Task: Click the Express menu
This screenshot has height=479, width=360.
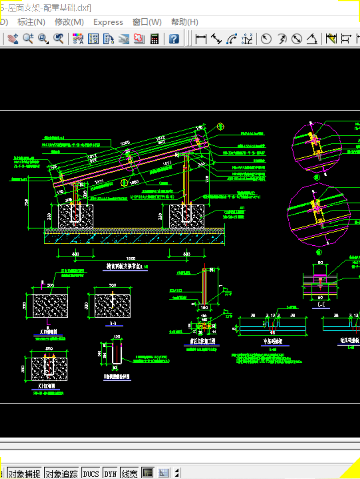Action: tap(108, 22)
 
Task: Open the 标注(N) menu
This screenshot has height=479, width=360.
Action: tap(31, 22)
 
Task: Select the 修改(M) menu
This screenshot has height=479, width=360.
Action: tap(69, 22)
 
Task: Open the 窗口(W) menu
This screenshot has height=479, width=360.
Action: tap(147, 22)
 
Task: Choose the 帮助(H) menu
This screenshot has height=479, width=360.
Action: tap(184, 22)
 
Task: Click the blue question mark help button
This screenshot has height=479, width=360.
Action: tap(174, 39)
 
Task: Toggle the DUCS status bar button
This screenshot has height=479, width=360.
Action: tap(91, 474)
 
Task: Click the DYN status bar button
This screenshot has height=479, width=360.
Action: tap(110, 474)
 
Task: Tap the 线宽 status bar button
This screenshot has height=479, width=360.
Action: tap(129, 474)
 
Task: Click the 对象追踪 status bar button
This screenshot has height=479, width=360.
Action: tap(62, 474)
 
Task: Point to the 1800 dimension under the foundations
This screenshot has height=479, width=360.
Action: tap(131, 258)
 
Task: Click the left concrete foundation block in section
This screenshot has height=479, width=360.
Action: tap(76, 216)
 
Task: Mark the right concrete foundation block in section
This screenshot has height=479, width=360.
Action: tap(187, 216)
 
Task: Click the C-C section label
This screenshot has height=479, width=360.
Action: tap(321, 305)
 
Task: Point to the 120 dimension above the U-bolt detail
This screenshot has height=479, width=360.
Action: tap(117, 337)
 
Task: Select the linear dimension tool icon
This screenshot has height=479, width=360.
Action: tap(201, 39)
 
